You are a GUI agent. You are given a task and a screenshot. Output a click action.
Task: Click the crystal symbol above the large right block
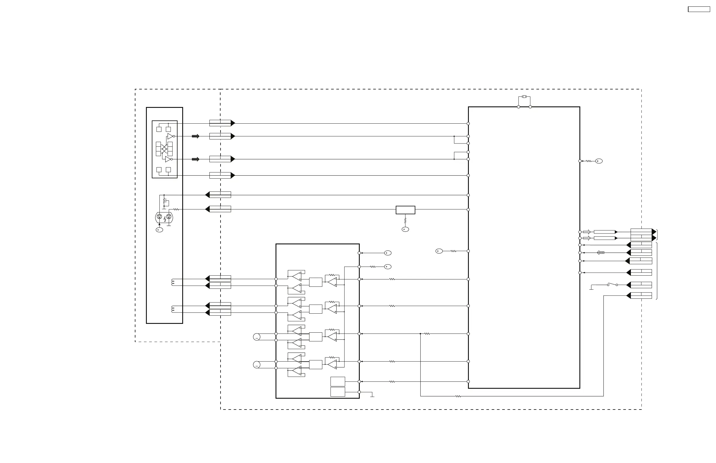coord(524,97)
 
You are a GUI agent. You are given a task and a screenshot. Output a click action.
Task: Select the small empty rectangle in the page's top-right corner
coord(699,9)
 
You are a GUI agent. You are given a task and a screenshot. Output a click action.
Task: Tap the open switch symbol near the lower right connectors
coord(612,284)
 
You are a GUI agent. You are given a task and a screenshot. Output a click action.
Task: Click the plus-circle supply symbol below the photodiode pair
coord(159,230)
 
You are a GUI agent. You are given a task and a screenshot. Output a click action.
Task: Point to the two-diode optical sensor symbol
coord(164,217)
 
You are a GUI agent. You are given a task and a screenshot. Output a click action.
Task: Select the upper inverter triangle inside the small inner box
coord(170,136)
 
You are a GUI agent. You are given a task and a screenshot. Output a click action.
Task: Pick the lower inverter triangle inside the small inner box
coord(168,159)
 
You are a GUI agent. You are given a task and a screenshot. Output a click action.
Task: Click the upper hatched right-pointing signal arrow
coord(196,136)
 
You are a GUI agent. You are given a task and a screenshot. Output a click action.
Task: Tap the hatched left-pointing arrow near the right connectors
coord(600,253)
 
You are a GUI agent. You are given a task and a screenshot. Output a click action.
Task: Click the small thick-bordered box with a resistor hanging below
coord(405,210)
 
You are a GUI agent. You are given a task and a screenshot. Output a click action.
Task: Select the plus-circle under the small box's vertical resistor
coord(405,229)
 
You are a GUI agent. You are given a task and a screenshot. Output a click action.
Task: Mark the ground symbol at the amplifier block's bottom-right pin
coord(372,395)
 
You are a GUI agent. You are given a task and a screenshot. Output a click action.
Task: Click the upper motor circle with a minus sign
coord(257,337)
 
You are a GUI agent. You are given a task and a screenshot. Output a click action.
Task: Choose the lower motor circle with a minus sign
coord(257,365)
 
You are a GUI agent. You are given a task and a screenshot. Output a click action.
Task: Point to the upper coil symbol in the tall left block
coord(173,282)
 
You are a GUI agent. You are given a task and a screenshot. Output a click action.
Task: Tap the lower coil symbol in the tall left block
coord(173,309)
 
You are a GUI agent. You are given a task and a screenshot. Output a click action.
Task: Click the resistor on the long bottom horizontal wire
coord(458,396)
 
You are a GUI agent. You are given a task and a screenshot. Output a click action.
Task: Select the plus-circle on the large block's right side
coord(599,161)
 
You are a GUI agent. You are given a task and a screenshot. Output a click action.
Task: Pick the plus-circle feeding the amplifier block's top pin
coord(388,253)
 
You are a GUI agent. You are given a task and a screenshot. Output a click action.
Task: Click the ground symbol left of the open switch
coord(591,288)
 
